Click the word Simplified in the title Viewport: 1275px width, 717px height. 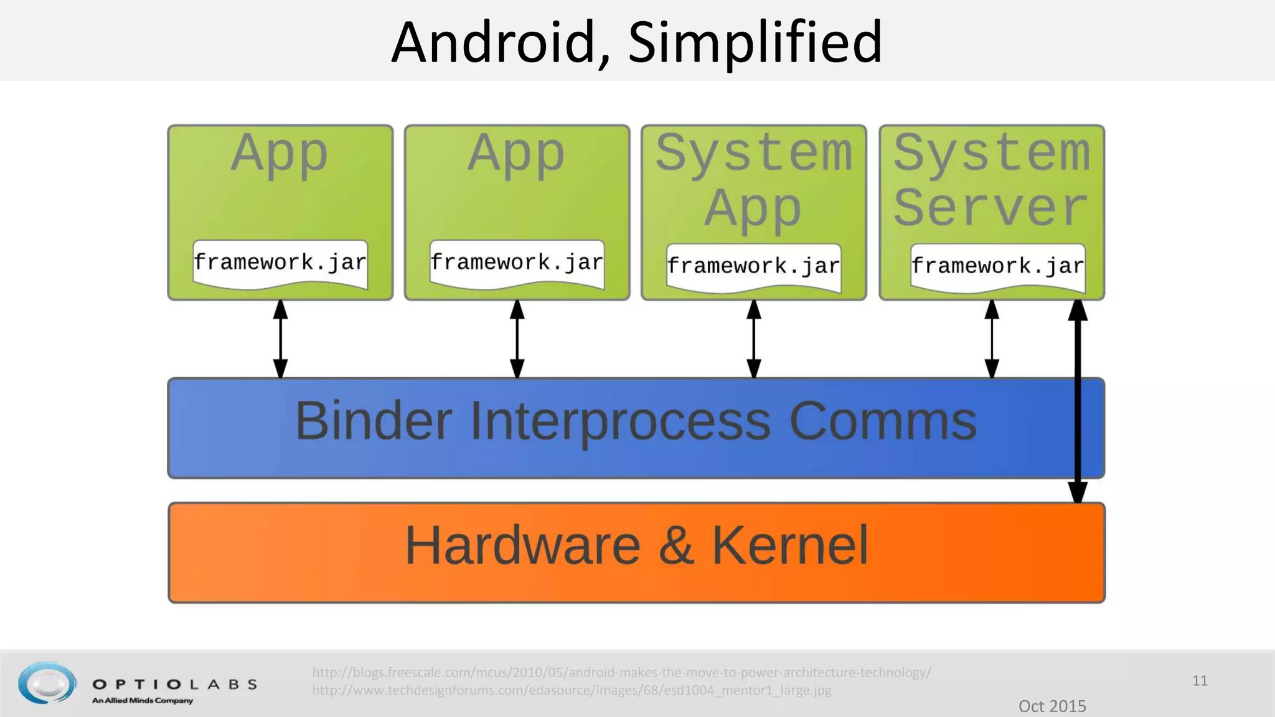[x=755, y=42]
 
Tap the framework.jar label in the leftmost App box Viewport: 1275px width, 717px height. [x=280, y=263]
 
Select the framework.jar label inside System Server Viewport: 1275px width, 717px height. [x=997, y=266]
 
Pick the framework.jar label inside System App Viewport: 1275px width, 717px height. [x=753, y=266]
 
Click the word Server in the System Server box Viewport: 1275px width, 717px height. [x=991, y=208]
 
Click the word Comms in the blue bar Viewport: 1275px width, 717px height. [x=883, y=421]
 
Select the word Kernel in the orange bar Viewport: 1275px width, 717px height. [x=789, y=546]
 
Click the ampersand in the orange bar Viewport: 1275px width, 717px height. [x=676, y=546]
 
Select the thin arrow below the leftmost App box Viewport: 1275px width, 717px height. [x=281, y=339]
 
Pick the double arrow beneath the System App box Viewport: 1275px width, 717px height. [x=754, y=339]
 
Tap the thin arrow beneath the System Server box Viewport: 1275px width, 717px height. [x=992, y=339]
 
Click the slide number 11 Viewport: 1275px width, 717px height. [x=1200, y=680]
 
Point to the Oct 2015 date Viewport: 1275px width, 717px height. [x=1052, y=706]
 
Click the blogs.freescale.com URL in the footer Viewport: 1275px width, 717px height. [x=621, y=672]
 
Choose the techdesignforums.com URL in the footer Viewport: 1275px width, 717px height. [x=572, y=690]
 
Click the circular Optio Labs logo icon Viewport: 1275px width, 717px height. [x=47, y=683]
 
